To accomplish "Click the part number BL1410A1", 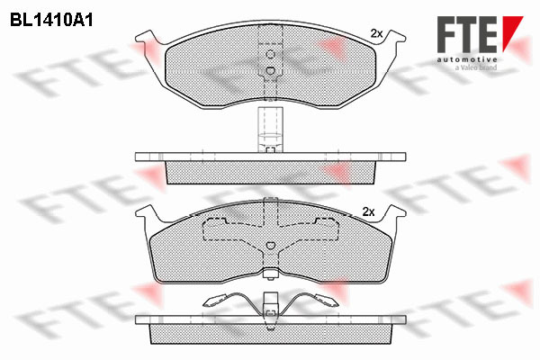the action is coord(51,21).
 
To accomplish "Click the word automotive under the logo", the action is coord(467,59).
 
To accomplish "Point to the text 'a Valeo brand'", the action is coord(476,67).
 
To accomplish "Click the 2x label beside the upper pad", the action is coord(376,33).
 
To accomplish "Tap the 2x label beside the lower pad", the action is coord(368,211).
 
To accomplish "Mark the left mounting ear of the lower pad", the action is coord(148,213).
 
